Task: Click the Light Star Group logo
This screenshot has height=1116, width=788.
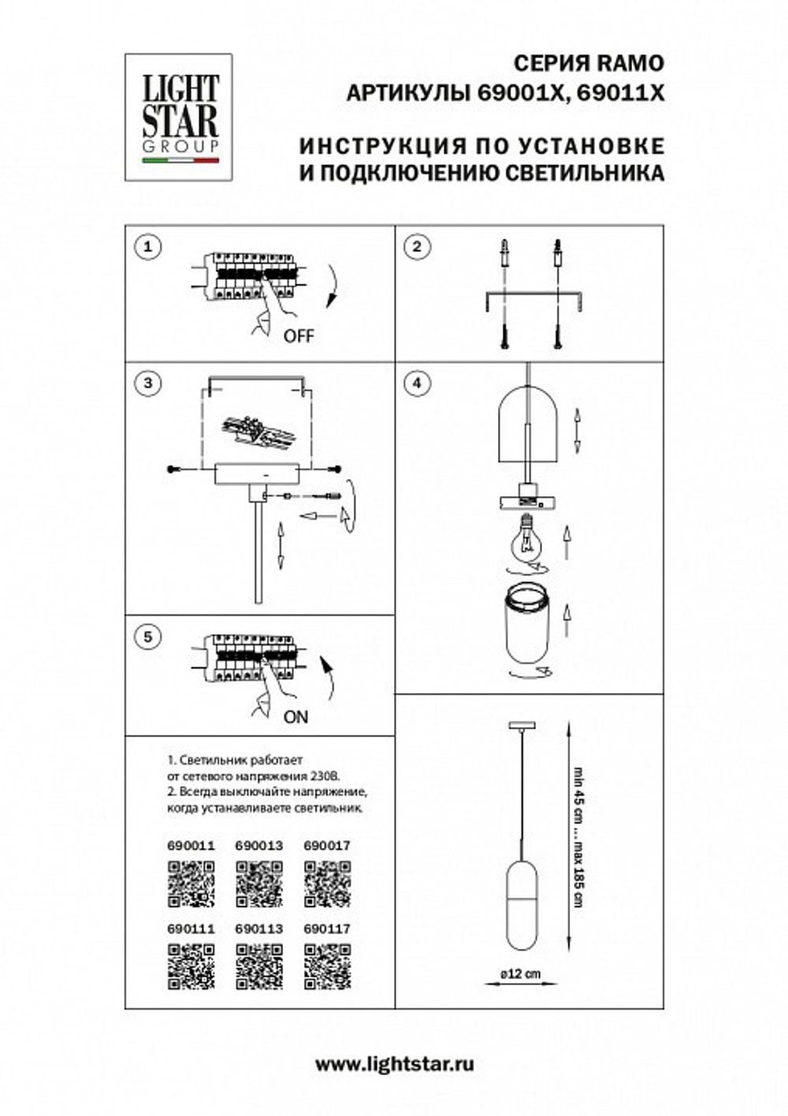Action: point(179,117)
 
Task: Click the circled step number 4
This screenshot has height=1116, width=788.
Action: point(417,384)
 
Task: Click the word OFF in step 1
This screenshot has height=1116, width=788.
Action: point(298,336)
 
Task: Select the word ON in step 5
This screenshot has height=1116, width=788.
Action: point(295,717)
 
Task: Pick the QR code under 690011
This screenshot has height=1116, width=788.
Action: point(191,884)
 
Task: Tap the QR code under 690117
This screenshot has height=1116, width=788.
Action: point(327,966)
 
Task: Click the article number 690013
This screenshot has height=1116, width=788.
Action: point(258,846)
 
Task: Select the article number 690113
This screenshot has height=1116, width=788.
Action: point(258,929)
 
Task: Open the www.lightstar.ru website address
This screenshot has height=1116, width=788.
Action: point(394,1065)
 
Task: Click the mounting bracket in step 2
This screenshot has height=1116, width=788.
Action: point(535,298)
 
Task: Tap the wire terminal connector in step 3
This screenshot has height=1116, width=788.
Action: point(255,430)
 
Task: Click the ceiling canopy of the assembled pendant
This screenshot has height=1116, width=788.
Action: point(521,724)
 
